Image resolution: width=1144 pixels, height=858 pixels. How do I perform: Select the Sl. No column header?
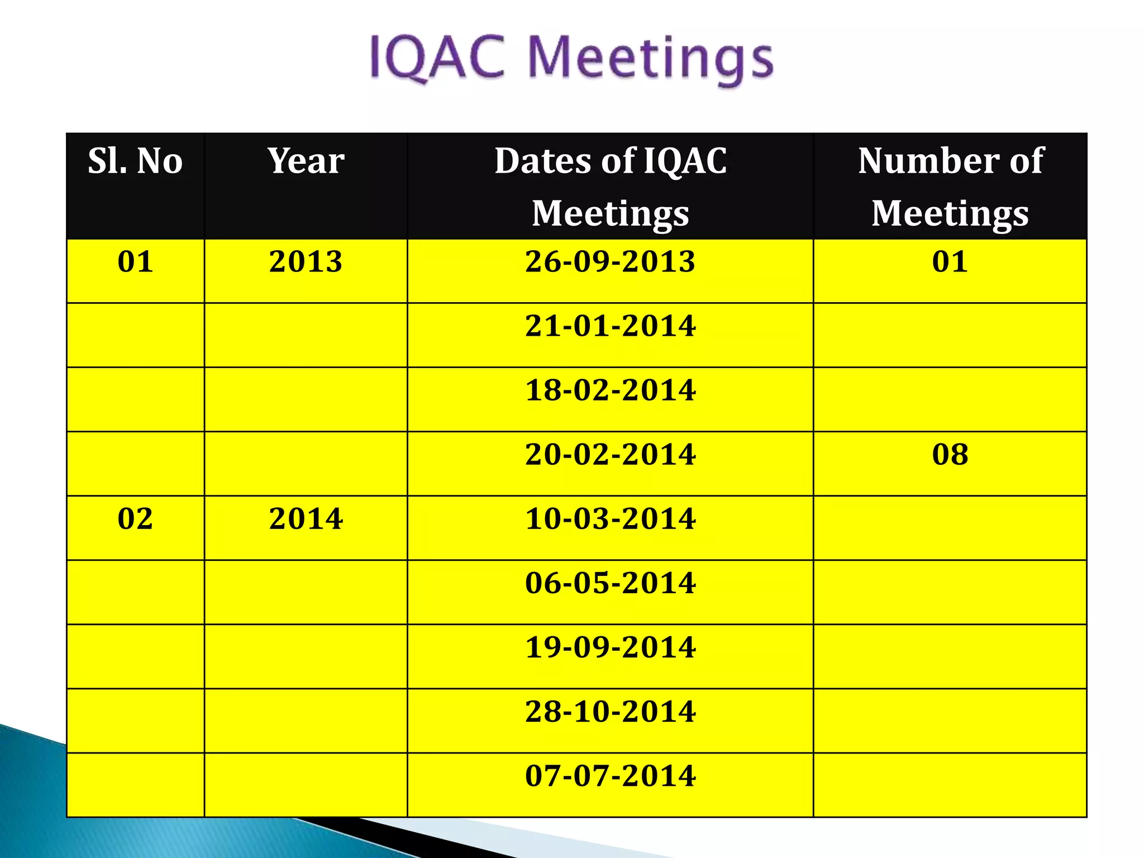[135, 161]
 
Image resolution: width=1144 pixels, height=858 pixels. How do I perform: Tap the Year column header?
[306, 161]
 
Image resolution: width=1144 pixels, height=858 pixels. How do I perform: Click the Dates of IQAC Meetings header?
[610, 187]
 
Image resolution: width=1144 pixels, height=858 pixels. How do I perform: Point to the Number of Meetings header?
[950, 187]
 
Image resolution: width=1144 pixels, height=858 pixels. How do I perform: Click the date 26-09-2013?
[610, 261]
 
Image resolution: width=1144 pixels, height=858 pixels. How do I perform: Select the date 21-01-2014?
[610, 326]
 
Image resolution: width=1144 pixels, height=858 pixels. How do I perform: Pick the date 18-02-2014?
[610, 390]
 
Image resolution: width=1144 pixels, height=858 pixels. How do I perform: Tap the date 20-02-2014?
[610, 454]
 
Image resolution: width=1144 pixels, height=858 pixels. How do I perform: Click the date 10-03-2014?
[610, 518]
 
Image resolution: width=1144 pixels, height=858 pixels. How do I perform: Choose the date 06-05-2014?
[610, 583]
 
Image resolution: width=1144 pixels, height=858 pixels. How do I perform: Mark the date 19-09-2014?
[610, 647]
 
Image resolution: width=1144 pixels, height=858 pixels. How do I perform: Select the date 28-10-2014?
[610, 711]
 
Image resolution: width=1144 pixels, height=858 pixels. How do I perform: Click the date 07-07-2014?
[610, 775]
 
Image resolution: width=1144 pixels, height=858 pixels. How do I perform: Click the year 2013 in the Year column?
[306, 261]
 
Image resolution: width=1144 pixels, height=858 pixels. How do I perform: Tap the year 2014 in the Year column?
[306, 518]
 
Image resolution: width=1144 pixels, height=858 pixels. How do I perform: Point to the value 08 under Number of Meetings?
[950, 454]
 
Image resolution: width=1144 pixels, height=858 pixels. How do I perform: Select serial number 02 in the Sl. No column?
[135, 518]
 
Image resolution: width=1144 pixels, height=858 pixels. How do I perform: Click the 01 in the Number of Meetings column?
[950, 261]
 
